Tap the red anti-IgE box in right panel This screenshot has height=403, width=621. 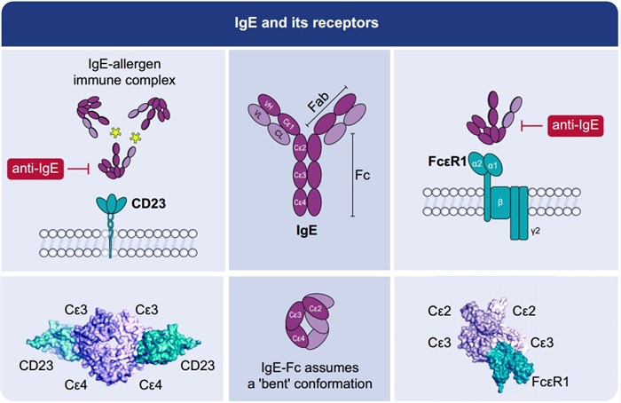pos(574,127)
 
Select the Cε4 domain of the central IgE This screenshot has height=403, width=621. pos(302,203)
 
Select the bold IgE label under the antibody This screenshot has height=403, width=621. pos(301,229)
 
